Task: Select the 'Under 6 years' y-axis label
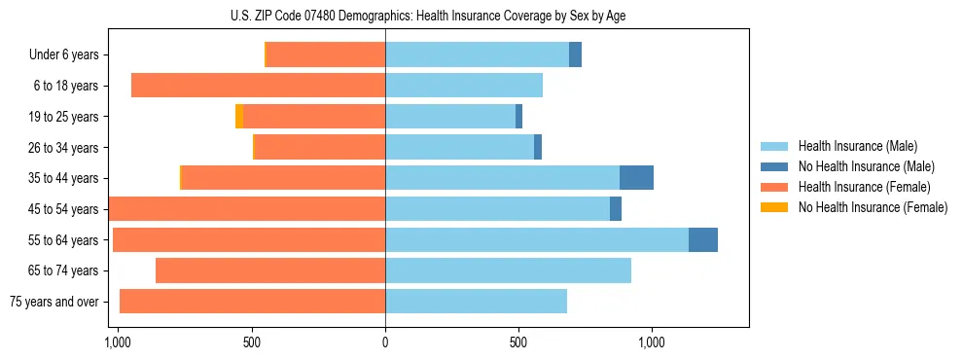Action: (64, 55)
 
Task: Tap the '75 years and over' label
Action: (54, 302)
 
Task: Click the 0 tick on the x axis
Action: (385, 342)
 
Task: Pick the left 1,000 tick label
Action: (118, 342)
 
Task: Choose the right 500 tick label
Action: (518, 342)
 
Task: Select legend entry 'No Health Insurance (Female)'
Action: (873, 207)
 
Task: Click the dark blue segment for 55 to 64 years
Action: (703, 240)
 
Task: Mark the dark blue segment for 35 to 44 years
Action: (636, 178)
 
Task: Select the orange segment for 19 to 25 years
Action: (239, 117)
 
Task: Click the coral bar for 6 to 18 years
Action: (258, 86)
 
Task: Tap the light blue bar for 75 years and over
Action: (476, 302)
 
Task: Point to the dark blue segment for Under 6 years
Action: (575, 55)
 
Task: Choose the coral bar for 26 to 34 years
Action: (320, 148)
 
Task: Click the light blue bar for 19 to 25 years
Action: (450, 117)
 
